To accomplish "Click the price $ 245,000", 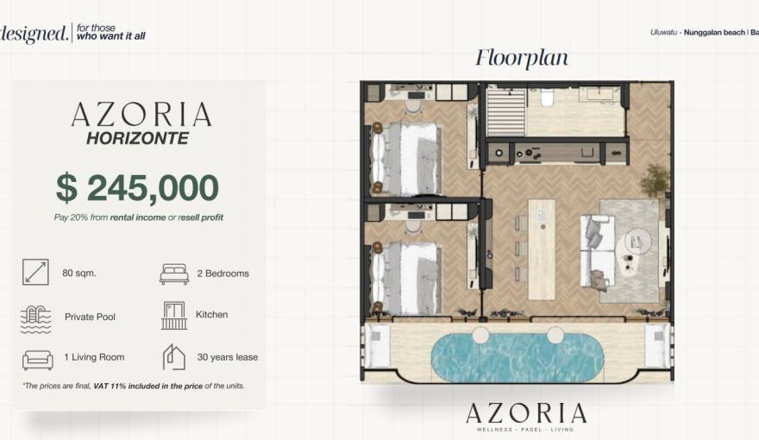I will [x=137, y=187].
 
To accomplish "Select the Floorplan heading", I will [x=522, y=58].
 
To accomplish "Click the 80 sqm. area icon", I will [x=35, y=273].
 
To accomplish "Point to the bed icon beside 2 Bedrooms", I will [x=173, y=273].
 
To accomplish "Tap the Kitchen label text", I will [x=211, y=315].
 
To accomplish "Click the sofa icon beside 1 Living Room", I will [x=36, y=358].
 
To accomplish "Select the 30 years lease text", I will [x=227, y=357].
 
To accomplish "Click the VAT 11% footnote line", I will [x=133, y=386].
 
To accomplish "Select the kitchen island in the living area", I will [x=541, y=242].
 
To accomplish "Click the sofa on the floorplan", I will [x=598, y=249].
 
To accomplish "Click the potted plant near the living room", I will [x=655, y=179].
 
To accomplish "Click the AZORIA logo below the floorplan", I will [x=525, y=414].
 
